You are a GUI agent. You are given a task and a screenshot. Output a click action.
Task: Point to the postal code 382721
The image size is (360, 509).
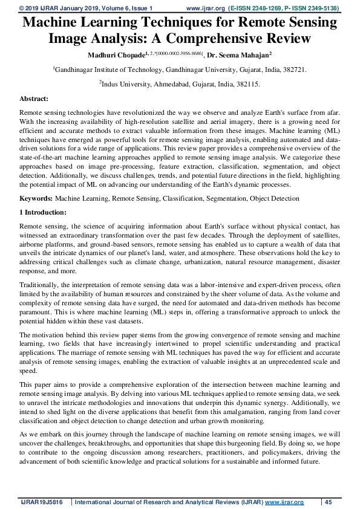pos(294,70)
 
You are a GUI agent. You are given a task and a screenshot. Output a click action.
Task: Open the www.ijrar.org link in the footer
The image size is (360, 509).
pos(284,502)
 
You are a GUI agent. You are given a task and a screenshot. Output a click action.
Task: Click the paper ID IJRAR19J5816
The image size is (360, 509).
pos(40,502)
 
